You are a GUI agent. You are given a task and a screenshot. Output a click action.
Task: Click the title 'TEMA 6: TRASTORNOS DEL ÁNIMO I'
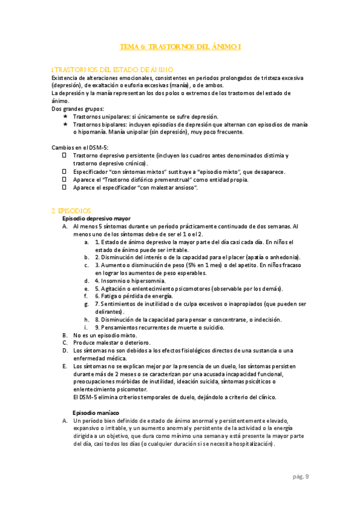coord(180,46)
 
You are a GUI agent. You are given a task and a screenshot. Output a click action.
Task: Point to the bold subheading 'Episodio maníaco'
coord(96,413)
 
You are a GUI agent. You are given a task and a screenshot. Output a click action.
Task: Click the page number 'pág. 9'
coord(301,476)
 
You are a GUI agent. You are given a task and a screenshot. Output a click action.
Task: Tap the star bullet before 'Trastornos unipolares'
coord(66,116)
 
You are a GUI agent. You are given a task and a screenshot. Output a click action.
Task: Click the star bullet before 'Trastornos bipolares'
coord(66,124)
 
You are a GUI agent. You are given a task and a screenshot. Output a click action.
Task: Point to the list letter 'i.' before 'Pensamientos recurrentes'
coord(88,327)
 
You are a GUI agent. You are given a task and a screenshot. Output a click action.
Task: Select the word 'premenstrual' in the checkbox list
coord(176,180)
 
